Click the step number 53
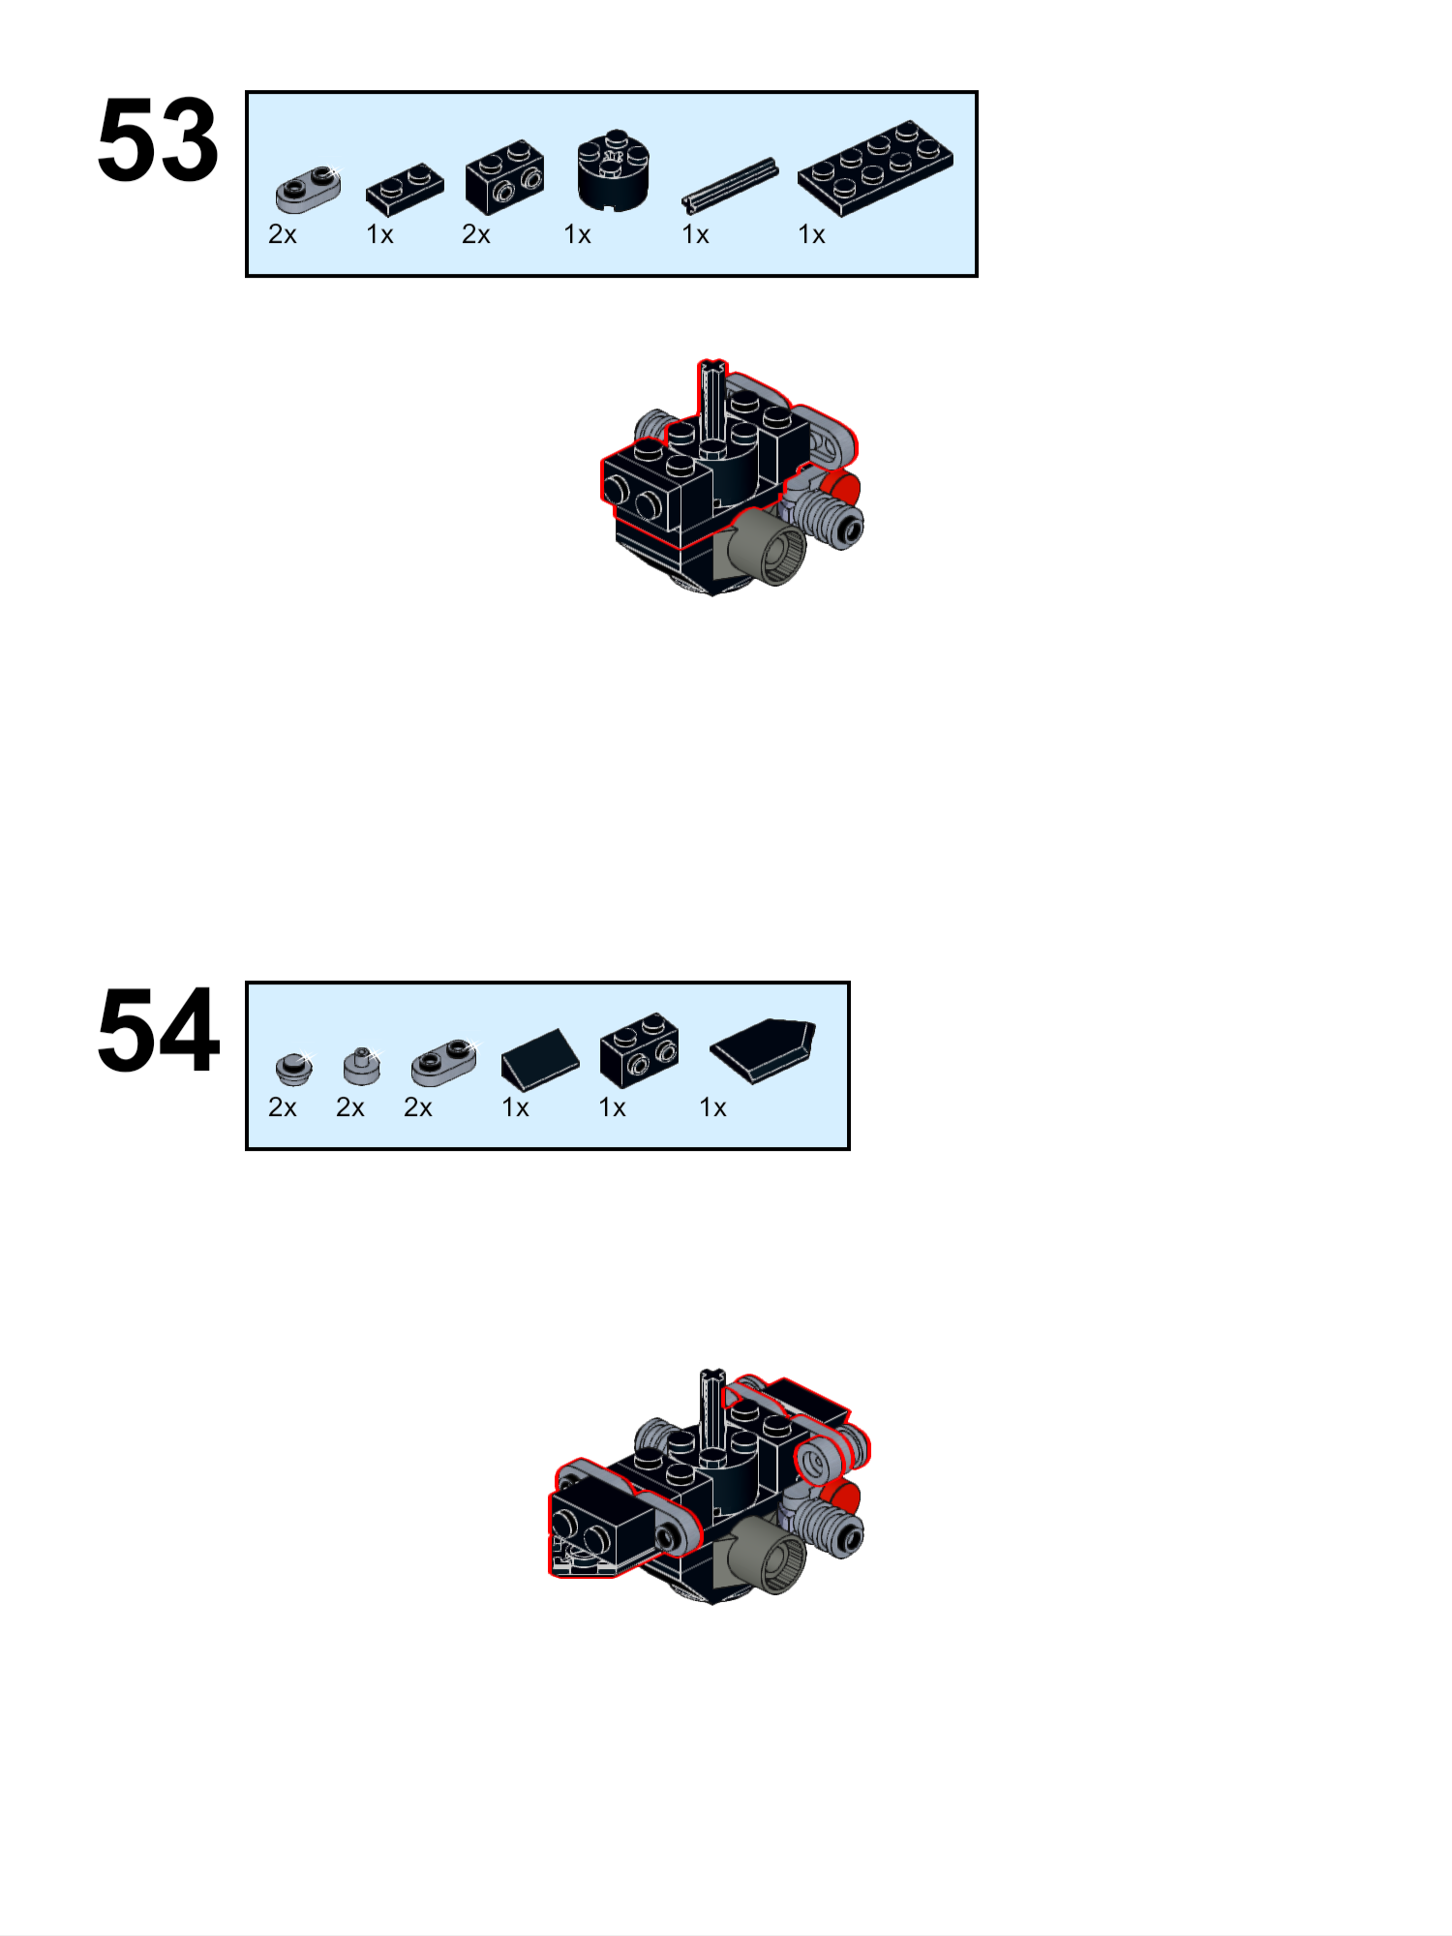coord(158,140)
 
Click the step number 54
coord(158,1031)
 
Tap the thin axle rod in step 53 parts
coord(730,184)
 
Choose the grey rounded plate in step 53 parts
coord(308,188)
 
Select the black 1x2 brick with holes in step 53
coord(504,176)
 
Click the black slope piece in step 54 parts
coord(539,1057)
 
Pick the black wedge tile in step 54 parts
coord(764,1049)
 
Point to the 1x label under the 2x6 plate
coord(811,235)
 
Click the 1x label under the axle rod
coord(695,235)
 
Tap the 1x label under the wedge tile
coord(712,1107)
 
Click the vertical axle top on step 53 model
coord(713,368)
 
